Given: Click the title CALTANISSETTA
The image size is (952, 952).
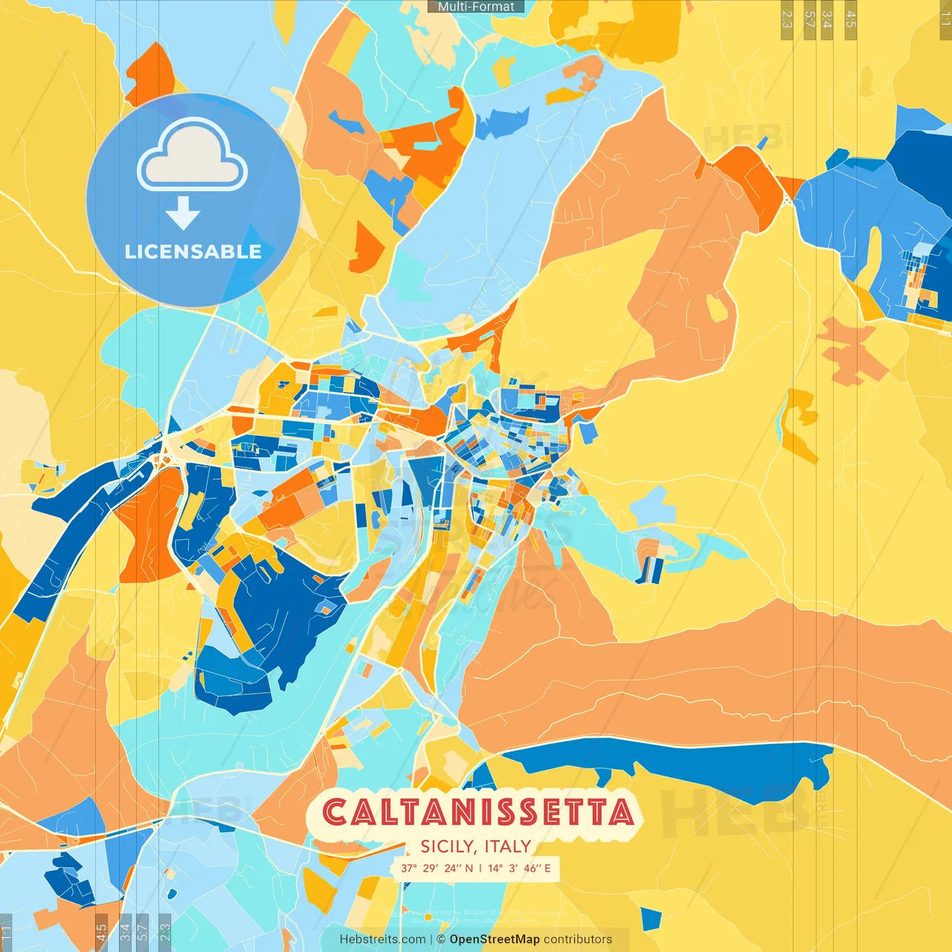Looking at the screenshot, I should [x=477, y=812].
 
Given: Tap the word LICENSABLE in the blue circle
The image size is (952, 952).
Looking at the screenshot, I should [x=193, y=251].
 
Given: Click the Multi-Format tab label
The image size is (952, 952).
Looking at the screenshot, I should [x=476, y=7].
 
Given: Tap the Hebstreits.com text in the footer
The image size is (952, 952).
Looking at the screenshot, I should [x=382, y=939].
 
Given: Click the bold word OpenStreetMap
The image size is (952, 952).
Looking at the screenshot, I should [x=495, y=939].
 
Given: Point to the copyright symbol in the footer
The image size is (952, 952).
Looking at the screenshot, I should [x=441, y=939].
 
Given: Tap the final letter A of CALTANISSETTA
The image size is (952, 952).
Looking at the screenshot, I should [x=621, y=812].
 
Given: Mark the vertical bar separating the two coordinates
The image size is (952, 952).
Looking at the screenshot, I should [x=480, y=868].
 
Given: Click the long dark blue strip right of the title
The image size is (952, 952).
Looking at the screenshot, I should [x=669, y=762].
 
